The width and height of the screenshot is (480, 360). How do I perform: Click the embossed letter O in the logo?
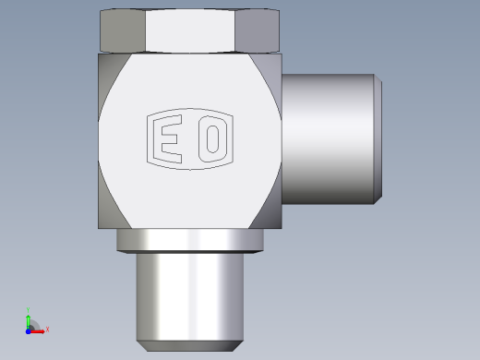tap(213, 138)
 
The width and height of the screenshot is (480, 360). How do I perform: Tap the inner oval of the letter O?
tap(212, 139)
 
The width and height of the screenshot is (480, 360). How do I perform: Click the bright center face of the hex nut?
tap(190, 30)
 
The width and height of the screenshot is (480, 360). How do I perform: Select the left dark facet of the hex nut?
tap(123, 30)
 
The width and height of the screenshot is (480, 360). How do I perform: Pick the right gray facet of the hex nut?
tap(258, 30)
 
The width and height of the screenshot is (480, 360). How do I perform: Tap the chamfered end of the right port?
tap(378, 138)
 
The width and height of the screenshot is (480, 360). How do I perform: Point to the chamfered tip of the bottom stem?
tap(190, 346)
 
